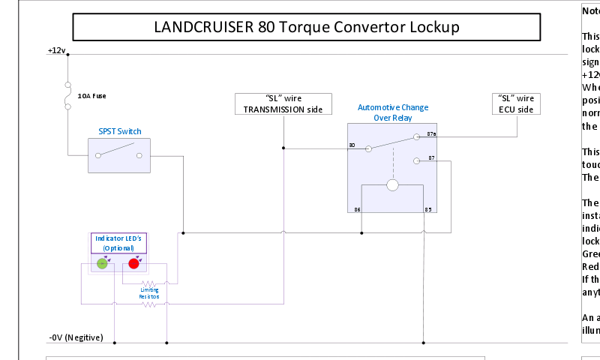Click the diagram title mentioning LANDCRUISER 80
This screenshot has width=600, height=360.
[x=306, y=27]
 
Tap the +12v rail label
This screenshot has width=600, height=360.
[x=57, y=50]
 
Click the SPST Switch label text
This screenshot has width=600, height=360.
[x=119, y=131]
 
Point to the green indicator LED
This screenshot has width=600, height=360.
[x=103, y=263]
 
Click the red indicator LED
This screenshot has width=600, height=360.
[x=133, y=263]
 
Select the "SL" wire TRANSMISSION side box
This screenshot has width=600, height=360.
[x=283, y=103]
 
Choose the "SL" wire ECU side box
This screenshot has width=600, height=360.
[x=516, y=103]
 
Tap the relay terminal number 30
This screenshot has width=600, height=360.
[x=352, y=145]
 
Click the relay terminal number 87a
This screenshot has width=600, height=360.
[x=431, y=134]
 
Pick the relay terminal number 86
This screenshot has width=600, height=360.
[x=357, y=209]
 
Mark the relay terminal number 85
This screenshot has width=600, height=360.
[x=427, y=209]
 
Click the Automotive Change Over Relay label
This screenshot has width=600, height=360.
[x=393, y=112]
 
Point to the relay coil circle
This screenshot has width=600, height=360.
[x=391, y=185]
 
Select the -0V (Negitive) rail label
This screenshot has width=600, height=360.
[x=76, y=337]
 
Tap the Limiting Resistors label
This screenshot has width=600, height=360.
[x=149, y=293]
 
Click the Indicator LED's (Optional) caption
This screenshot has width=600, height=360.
[x=119, y=242]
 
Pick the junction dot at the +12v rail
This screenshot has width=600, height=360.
[x=68, y=54]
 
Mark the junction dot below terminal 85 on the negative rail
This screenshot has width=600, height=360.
[x=424, y=343]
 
